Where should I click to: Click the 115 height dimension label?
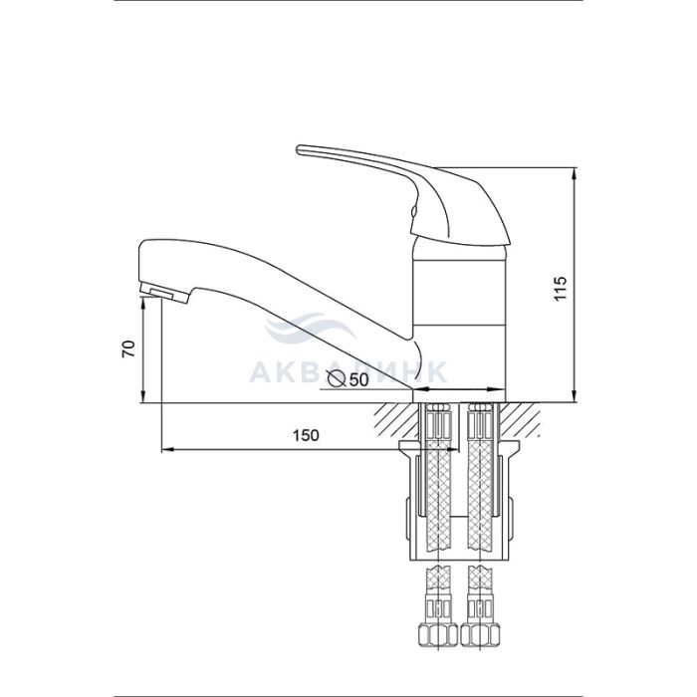coord(561,288)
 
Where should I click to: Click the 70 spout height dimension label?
coord(128,348)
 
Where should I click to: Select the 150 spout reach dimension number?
coord(306,435)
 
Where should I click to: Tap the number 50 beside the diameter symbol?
coord(359,379)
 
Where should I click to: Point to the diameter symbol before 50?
coord(337,378)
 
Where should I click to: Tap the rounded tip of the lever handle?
coord(300,149)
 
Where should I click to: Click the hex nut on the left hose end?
coord(438,635)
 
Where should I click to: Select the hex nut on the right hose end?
coord(480,635)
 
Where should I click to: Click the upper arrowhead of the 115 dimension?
coord(576,174)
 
